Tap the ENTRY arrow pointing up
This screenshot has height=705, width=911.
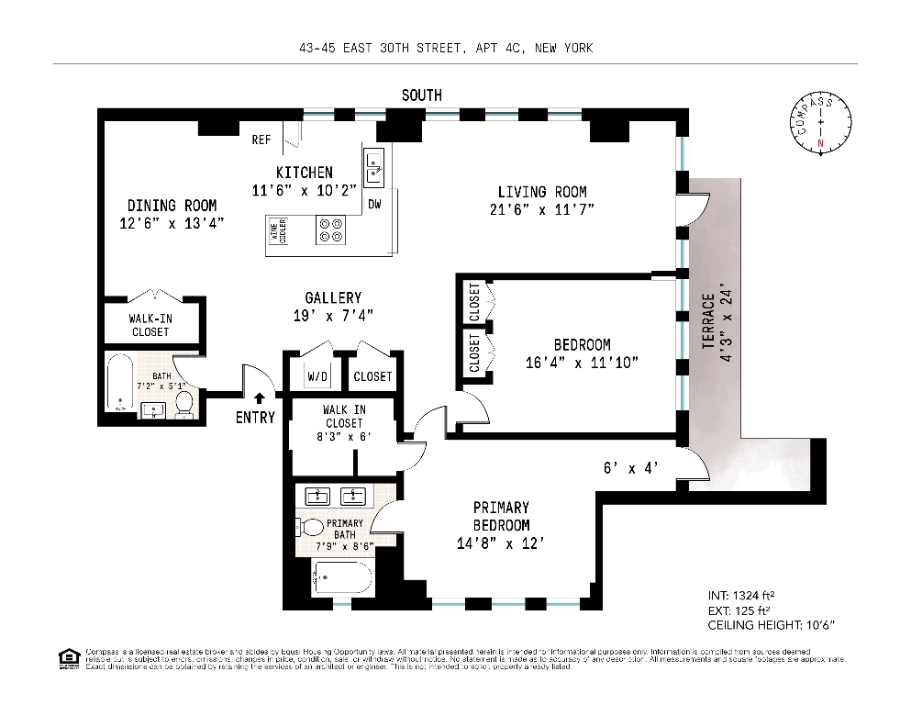coord(260,398)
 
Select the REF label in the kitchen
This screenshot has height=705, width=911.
coord(261,140)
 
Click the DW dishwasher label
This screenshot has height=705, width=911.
coord(374,204)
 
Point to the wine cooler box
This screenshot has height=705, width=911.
coord(277,229)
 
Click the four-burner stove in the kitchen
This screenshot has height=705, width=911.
coord(331,229)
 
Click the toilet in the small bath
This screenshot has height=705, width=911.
coord(183,401)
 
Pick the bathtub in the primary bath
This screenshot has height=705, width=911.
coord(342,579)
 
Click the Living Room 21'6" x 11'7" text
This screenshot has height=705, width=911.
coord(542,200)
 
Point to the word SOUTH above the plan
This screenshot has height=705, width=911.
coord(421,95)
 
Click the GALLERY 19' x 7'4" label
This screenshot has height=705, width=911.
coord(333,306)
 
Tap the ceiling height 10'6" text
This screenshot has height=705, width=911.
coord(772,625)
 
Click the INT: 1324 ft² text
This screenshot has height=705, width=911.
coord(742,594)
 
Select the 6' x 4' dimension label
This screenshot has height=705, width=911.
coord(631,467)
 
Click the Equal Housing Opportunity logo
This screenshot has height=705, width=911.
coord(67,657)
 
